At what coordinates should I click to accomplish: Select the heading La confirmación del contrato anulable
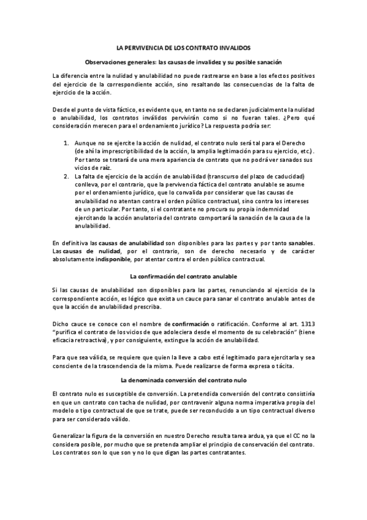coord(184,277)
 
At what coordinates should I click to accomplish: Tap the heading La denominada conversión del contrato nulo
coord(184,380)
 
